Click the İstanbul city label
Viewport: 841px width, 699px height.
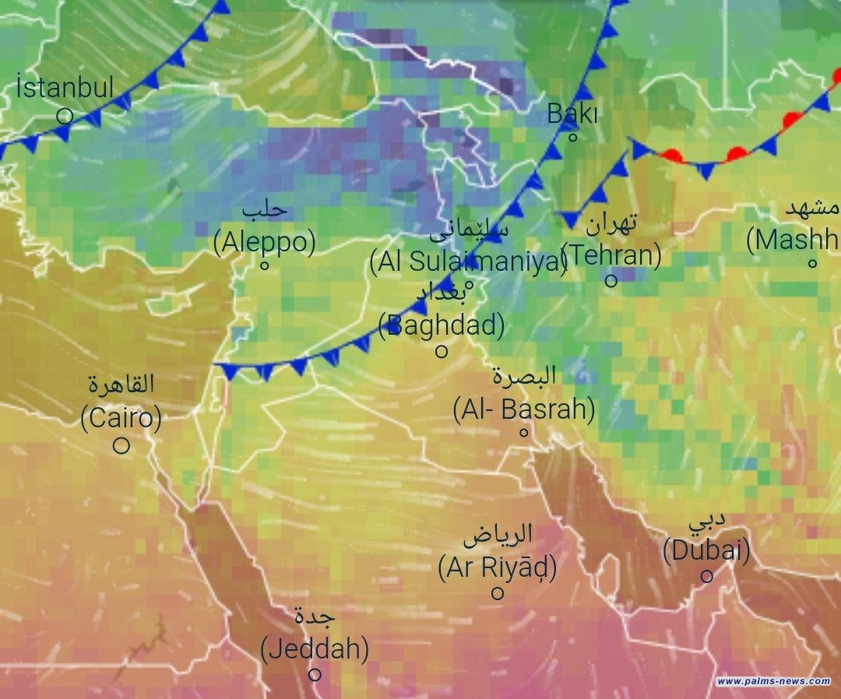(x=65, y=87)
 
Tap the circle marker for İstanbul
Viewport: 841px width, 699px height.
(x=65, y=116)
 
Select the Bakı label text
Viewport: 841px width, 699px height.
(x=572, y=114)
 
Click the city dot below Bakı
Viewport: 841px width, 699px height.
(x=572, y=138)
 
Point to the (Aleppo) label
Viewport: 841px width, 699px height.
(x=265, y=242)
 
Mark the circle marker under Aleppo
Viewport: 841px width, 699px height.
(x=265, y=265)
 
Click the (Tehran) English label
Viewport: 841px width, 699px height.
(x=611, y=255)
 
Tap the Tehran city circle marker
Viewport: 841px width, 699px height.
(x=611, y=280)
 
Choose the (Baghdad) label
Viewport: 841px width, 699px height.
(x=442, y=324)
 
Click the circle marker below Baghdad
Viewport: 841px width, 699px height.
(x=442, y=351)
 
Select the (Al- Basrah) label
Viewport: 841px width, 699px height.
(x=524, y=409)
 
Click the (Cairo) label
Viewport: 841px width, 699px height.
(x=121, y=418)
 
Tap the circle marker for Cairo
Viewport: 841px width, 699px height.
(x=121, y=446)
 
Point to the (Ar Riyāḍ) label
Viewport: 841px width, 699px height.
(x=498, y=568)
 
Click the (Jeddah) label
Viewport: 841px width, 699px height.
(x=315, y=648)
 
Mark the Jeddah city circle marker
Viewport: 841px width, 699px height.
(x=315, y=675)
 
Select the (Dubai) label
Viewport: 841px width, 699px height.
(x=706, y=551)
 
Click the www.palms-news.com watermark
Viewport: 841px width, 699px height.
(x=773, y=682)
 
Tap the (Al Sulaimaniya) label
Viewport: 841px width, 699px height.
(x=469, y=262)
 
